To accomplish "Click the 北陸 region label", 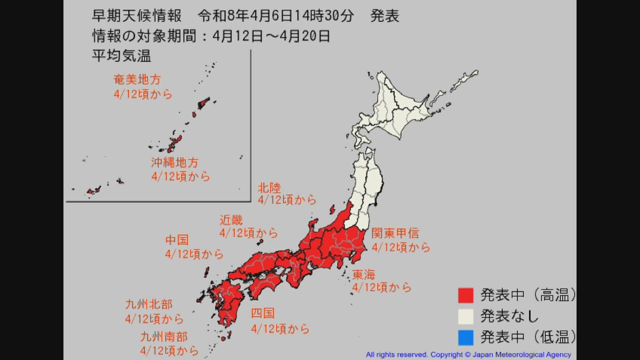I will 269,187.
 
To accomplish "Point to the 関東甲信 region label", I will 395,234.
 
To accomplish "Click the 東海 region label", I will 364,275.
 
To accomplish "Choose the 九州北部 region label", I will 149,305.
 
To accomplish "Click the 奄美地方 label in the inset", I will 137,80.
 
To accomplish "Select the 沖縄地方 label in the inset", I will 174,163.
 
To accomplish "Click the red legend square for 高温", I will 466,295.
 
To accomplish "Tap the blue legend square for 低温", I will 466,337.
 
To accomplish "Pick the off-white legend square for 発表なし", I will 466,316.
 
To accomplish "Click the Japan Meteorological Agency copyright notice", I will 468,355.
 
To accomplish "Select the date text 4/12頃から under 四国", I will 280,329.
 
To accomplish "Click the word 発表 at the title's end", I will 385,17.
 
